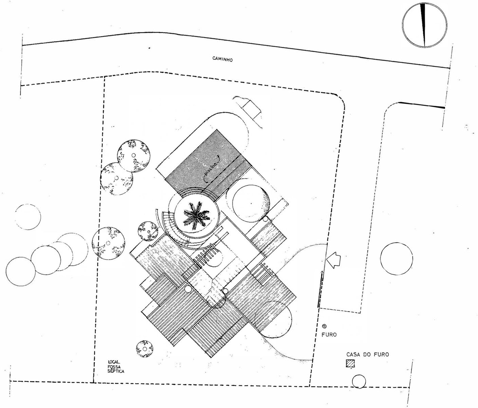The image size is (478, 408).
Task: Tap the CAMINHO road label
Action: coord(222,59)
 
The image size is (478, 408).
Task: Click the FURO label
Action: coord(329,335)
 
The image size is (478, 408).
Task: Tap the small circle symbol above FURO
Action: coord(325,325)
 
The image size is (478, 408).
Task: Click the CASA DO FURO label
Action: coord(367,354)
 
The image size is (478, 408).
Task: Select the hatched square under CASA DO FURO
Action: coord(349,363)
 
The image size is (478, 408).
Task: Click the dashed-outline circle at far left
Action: coord(28,217)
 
